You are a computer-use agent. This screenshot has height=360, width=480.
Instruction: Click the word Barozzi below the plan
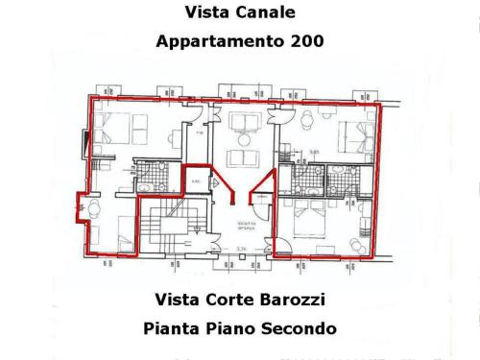point(285,299)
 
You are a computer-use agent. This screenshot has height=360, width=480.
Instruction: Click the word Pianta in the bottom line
point(171,327)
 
